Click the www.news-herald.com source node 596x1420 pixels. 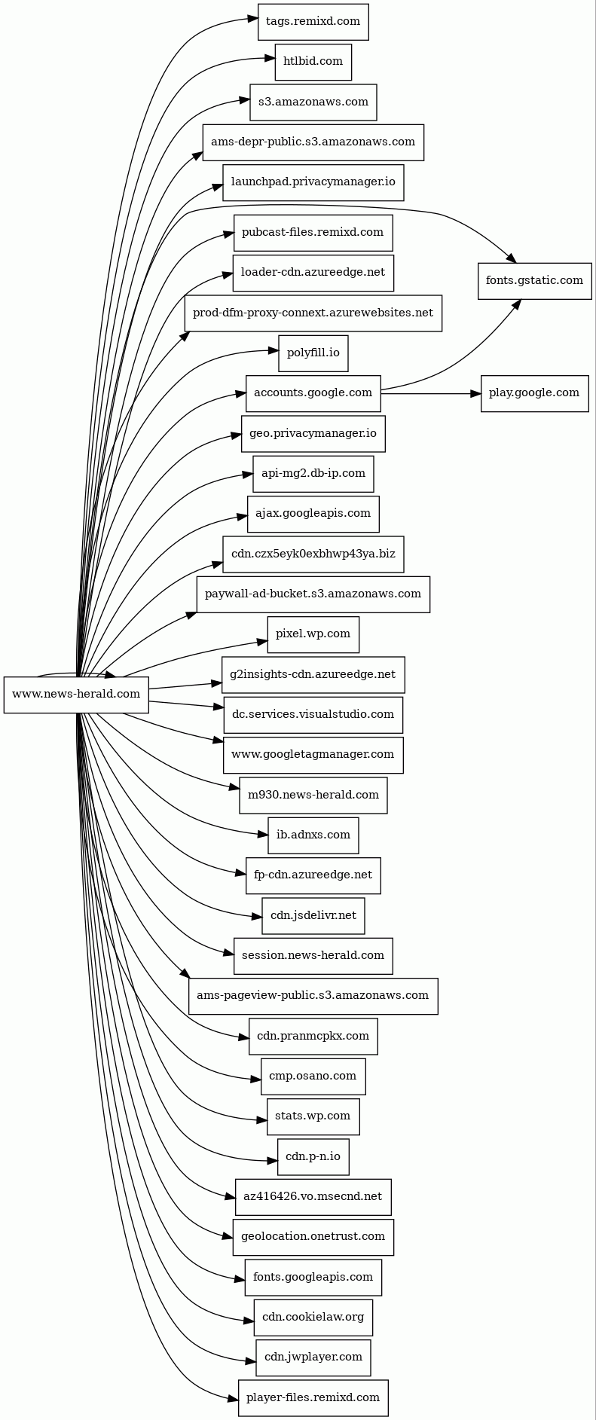pyautogui.click(x=76, y=695)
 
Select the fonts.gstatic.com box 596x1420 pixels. pyautogui.click(x=534, y=281)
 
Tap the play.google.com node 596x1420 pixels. pyautogui.click(x=534, y=393)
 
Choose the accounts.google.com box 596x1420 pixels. pyautogui.click(x=313, y=393)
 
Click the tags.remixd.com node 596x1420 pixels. pyautogui.click(x=313, y=22)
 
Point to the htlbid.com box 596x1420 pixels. pyautogui.click(x=313, y=62)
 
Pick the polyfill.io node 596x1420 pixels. pyautogui.click(x=313, y=353)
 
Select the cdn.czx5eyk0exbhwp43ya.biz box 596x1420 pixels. pyautogui.click(x=313, y=554)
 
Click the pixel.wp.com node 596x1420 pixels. pyautogui.click(x=313, y=634)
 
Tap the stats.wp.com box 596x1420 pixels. pyautogui.click(x=313, y=1116)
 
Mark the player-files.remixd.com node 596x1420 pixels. pyautogui.click(x=313, y=1398)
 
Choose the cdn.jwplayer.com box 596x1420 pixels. pyautogui.click(x=313, y=1357)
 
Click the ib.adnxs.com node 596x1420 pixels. pyautogui.click(x=313, y=835)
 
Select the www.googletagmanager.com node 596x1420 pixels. pyautogui.click(x=313, y=755)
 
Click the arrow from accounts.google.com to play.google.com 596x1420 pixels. pyautogui.click(x=429, y=393)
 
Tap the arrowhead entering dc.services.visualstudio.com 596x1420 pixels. pyautogui.click(x=219, y=707)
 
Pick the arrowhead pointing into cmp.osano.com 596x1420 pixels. pyautogui.click(x=256, y=1079)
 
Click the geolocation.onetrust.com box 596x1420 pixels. pyautogui.click(x=313, y=1237)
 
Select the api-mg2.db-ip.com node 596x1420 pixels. pyautogui.click(x=313, y=474)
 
